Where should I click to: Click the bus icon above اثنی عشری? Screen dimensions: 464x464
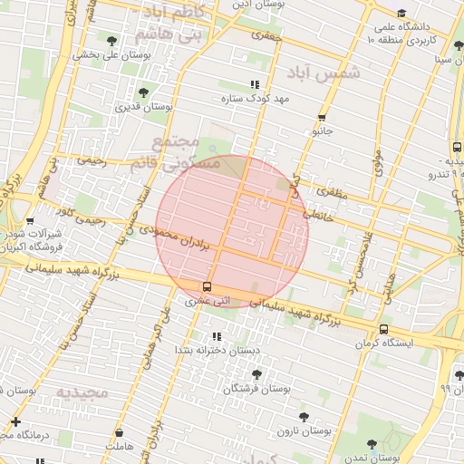point(208,286)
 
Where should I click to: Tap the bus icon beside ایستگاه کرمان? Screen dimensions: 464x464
point(383,329)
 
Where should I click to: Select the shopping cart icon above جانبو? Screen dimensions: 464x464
point(322,118)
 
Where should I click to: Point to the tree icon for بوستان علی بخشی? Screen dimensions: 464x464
point(111,41)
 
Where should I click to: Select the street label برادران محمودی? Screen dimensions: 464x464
point(181,240)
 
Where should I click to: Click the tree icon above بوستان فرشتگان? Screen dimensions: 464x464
point(257,373)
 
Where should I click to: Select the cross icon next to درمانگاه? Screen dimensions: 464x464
point(15,421)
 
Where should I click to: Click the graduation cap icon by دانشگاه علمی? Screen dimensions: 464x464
point(401,13)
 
